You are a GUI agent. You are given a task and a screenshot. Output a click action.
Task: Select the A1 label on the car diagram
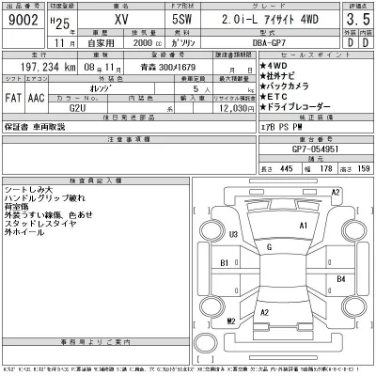(x=303, y=227)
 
